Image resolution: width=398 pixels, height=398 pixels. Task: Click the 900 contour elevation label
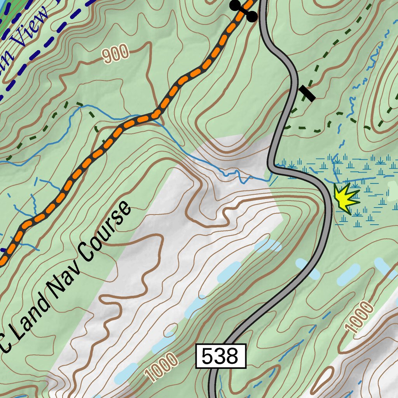click(116, 54)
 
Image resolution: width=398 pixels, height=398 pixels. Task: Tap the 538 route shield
click(221, 356)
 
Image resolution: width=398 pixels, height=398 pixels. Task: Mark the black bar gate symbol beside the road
click(307, 93)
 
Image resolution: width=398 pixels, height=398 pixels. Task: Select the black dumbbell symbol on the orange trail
click(244, 10)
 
